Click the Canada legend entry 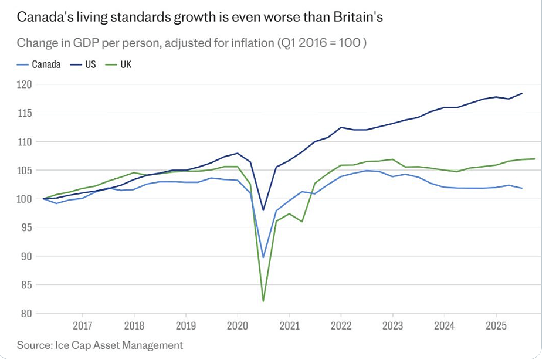[39, 64]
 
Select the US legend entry [83, 64]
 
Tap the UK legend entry [118, 64]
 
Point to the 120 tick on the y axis [24, 84]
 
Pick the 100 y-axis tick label [24, 199]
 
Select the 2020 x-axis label [237, 325]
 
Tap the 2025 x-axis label [496, 325]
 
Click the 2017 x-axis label [82, 325]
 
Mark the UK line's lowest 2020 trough [263, 301]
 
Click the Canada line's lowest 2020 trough [263, 257]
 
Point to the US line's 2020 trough [263, 210]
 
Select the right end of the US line [521, 94]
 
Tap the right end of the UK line [535, 159]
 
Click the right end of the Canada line [521, 188]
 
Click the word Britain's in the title [358, 17]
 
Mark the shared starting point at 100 [43, 199]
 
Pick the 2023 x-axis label [392, 325]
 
